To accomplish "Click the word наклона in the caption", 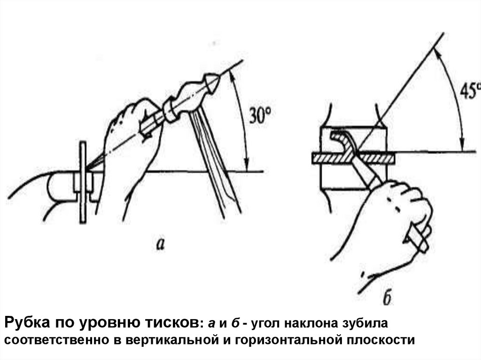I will [x=307, y=324].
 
